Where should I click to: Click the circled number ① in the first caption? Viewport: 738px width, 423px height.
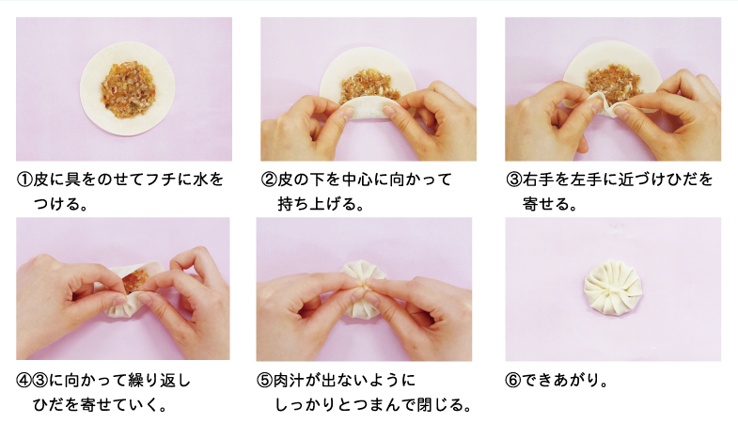24,180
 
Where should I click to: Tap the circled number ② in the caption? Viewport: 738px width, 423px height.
269,180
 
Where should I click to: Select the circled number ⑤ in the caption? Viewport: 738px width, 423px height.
264,380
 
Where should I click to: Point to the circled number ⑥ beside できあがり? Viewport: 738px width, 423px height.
513,380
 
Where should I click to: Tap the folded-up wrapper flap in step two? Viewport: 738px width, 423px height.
370,107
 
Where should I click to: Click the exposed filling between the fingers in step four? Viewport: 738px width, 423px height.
135,281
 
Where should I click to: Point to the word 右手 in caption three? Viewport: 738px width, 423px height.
538,180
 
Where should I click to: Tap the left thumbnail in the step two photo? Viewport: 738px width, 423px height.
347,113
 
